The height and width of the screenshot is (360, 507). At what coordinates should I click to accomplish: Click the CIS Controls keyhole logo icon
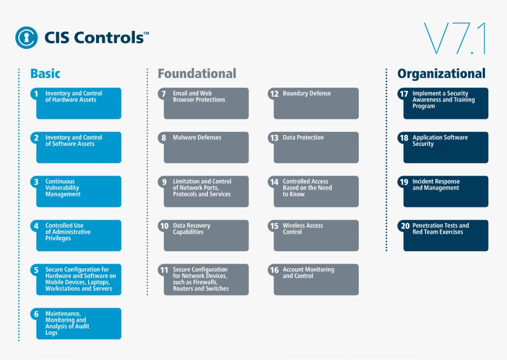(27, 38)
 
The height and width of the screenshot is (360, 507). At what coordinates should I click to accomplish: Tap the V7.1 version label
(455, 38)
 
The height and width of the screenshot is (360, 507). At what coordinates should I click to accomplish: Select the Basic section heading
(45, 74)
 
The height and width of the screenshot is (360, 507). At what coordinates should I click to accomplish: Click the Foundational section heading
(197, 74)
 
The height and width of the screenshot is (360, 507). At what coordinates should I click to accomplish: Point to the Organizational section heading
(441, 74)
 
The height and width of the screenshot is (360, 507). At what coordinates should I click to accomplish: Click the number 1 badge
(36, 94)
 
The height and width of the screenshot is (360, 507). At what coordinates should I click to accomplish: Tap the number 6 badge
(36, 314)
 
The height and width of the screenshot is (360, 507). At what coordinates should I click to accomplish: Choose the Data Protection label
(303, 138)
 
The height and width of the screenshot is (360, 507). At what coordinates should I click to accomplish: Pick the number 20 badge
(405, 226)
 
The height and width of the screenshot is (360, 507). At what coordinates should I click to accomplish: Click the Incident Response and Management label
(436, 185)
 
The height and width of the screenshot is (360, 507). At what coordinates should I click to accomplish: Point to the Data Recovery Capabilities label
(191, 229)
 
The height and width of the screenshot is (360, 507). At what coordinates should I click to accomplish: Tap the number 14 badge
(274, 182)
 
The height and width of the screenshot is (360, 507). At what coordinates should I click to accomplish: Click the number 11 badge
(164, 270)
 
